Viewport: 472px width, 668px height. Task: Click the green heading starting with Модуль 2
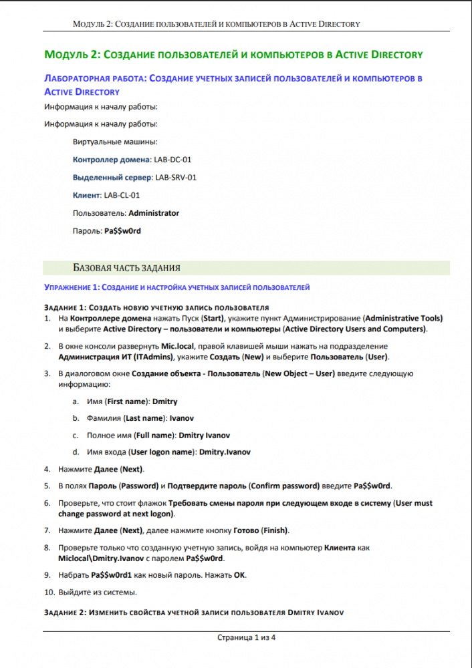[x=233, y=54]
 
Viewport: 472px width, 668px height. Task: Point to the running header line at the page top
[x=217, y=24]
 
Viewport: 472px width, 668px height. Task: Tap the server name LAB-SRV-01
[x=175, y=178]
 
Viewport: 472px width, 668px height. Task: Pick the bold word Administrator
[x=154, y=213]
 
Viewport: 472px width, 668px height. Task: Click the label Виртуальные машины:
[x=115, y=142]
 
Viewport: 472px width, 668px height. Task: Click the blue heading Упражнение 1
[x=177, y=287]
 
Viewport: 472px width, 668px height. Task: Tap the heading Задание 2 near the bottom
[x=193, y=612]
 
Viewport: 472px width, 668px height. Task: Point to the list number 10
[x=49, y=592]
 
